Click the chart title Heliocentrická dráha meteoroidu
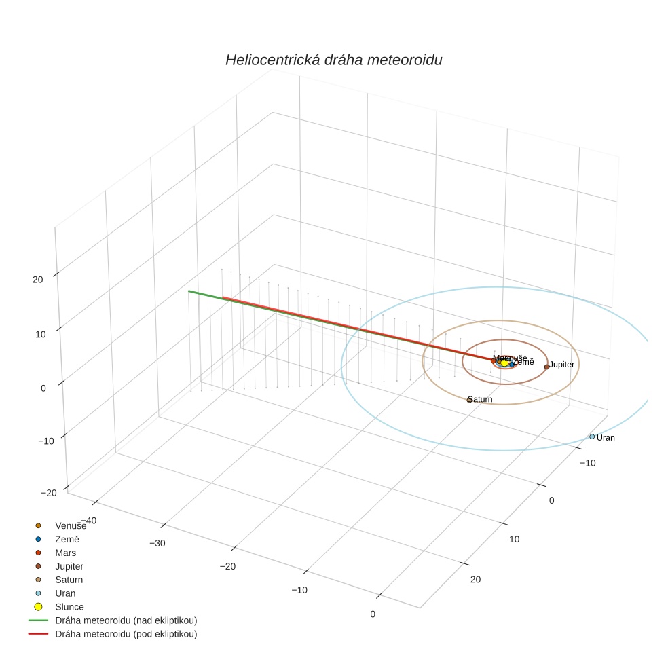tap(333, 60)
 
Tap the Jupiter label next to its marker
tap(562, 365)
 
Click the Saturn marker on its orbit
tap(469, 400)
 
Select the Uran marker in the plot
tap(592, 437)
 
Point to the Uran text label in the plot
tap(606, 438)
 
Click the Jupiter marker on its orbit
tap(546, 367)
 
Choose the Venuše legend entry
tap(71, 525)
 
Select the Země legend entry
tap(67, 539)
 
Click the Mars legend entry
tap(66, 553)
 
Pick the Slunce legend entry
tap(69, 607)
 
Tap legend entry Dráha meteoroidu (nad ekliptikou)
tap(126, 620)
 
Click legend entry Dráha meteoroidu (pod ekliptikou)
tap(126, 634)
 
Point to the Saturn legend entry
tap(69, 580)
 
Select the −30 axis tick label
tap(157, 543)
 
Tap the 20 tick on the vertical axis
tap(38, 279)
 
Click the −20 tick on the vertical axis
tap(48, 493)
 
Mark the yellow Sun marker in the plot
tap(504, 363)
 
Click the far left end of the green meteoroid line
tap(189, 291)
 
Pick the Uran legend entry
tap(65, 593)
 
